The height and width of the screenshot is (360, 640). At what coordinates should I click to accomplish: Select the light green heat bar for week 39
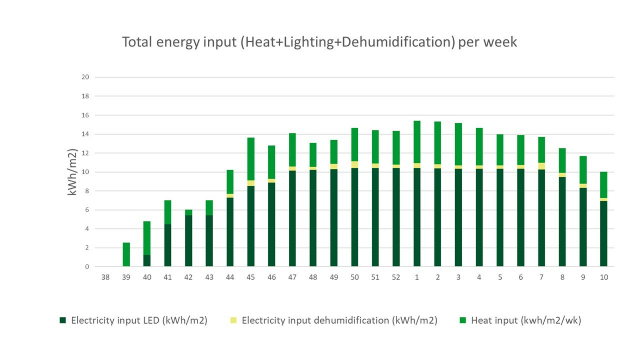126,254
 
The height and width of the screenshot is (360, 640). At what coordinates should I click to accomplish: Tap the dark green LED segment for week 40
147,260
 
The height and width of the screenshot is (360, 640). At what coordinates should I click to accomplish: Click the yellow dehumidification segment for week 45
251,183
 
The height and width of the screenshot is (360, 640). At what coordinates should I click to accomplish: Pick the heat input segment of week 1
417,142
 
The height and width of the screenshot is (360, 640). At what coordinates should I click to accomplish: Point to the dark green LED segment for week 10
604,233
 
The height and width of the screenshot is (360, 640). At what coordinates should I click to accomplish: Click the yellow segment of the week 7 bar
542,166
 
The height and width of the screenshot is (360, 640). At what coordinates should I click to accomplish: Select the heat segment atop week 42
189,212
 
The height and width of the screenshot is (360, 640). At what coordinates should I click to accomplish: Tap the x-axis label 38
105,277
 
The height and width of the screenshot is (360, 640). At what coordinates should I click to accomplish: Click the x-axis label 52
396,277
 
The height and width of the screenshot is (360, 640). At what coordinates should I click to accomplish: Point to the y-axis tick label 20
85,77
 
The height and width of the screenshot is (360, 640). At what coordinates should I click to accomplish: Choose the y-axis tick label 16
85,115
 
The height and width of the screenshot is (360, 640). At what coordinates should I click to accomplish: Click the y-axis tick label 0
87,267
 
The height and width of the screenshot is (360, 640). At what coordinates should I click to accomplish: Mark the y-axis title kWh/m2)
72,172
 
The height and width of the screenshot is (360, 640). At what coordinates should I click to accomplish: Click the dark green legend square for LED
63,320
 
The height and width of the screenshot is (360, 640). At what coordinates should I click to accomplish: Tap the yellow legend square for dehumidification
233,320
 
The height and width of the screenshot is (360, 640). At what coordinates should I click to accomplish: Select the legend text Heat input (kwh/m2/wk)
526,320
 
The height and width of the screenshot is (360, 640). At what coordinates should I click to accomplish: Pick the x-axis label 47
292,277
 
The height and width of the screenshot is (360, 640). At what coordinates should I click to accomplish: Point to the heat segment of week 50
355,144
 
